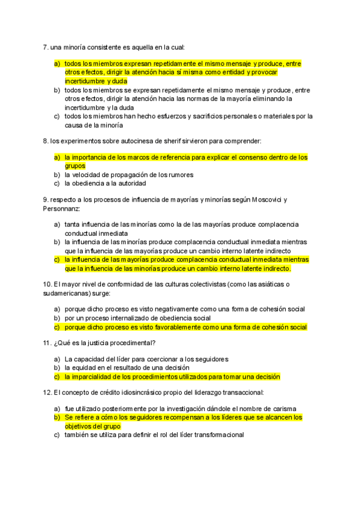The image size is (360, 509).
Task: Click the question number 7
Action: (x=45, y=47)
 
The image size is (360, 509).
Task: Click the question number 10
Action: (x=47, y=285)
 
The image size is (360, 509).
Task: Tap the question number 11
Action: (x=47, y=343)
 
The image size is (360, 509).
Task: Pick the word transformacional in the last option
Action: (x=214, y=435)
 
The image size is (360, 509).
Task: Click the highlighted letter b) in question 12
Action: (x=57, y=417)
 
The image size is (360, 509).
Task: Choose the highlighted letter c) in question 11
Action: (x=57, y=377)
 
